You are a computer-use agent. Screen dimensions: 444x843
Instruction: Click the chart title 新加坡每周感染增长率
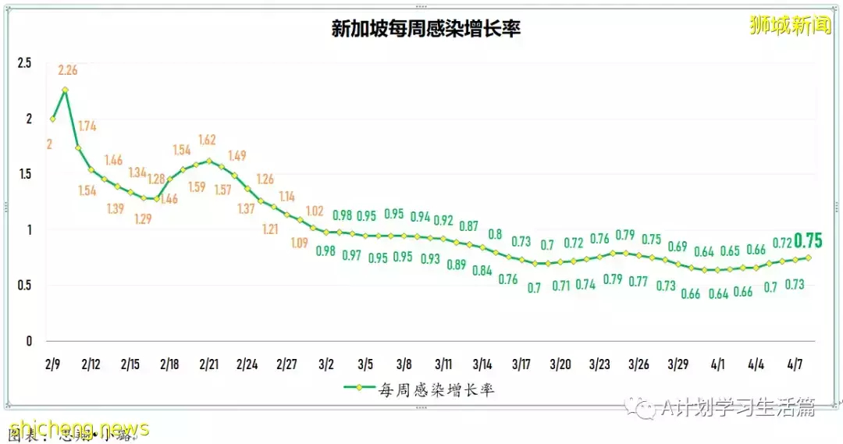(x=425, y=29)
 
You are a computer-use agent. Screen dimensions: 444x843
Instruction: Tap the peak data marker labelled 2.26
(x=65, y=90)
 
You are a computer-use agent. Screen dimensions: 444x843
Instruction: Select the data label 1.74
(x=87, y=126)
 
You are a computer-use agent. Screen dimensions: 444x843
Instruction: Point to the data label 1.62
(x=207, y=140)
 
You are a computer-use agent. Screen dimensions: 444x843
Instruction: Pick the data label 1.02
(x=315, y=211)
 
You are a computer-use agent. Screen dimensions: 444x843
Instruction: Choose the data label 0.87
(x=468, y=226)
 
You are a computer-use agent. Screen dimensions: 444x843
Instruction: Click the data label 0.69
(x=678, y=247)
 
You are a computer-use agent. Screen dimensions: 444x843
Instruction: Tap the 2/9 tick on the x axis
(x=52, y=364)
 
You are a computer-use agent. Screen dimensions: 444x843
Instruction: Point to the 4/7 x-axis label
(x=795, y=364)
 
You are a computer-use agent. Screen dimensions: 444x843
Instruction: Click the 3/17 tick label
(x=521, y=364)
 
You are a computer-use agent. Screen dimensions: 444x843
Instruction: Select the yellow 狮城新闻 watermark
(x=790, y=26)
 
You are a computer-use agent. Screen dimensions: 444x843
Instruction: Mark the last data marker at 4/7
(x=809, y=258)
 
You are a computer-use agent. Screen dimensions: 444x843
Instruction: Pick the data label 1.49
(x=237, y=155)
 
